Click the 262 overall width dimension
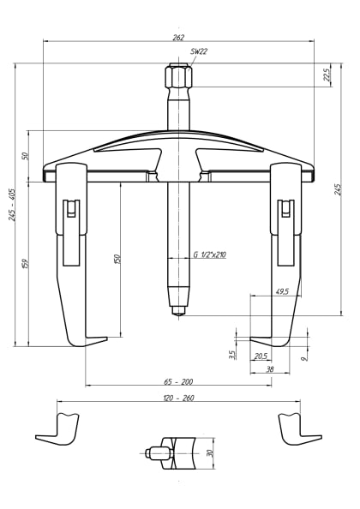(178, 37)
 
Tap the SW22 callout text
(198, 51)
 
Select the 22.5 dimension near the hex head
(327, 75)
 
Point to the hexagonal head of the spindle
(178, 77)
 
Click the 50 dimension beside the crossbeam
(26, 155)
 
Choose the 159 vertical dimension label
(26, 265)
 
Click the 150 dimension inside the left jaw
(117, 257)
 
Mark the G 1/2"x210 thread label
(209, 254)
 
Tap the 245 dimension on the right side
(338, 189)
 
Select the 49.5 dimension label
(281, 292)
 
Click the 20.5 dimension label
(261, 356)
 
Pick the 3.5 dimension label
(231, 354)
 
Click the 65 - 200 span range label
(178, 380)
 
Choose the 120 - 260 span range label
(178, 398)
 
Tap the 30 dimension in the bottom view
(208, 452)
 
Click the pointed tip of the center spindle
(178, 313)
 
